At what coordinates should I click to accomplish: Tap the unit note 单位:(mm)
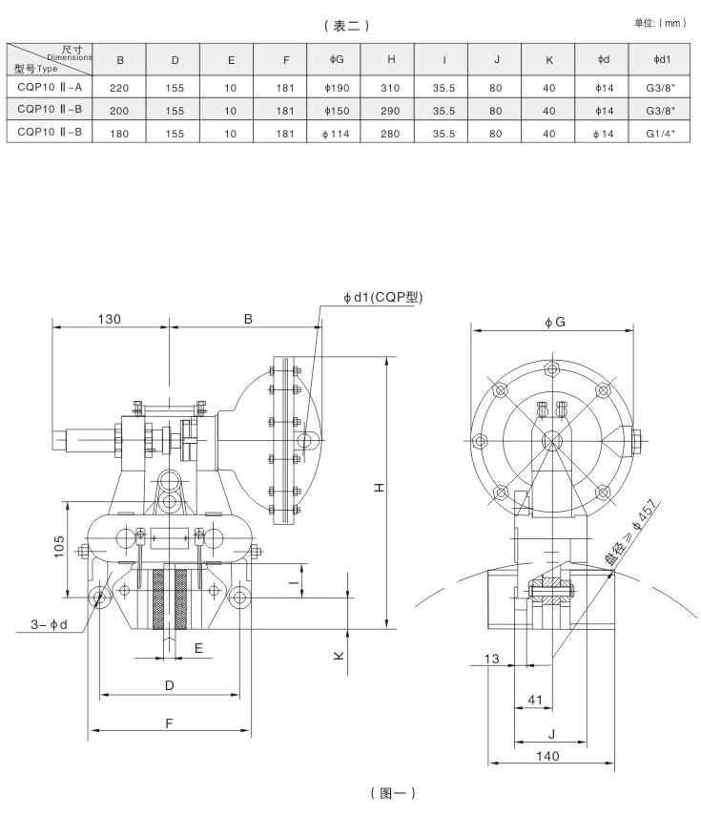[660, 22]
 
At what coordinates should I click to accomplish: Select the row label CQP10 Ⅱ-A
[48, 85]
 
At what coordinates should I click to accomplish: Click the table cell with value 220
[120, 85]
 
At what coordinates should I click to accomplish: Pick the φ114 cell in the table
[337, 135]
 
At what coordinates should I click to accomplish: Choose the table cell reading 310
[391, 85]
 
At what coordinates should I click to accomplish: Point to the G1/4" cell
[660, 135]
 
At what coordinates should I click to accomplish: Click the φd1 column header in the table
[660, 60]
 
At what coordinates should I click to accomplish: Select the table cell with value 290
[391, 110]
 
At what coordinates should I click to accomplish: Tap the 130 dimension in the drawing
[107, 320]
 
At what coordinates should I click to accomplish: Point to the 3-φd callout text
[46, 625]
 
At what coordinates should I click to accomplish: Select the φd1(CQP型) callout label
[382, 297]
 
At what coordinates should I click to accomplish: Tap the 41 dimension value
[535, 700]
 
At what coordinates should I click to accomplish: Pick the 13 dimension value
[492, 659]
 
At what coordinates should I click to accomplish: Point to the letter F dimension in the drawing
[168, 723]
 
